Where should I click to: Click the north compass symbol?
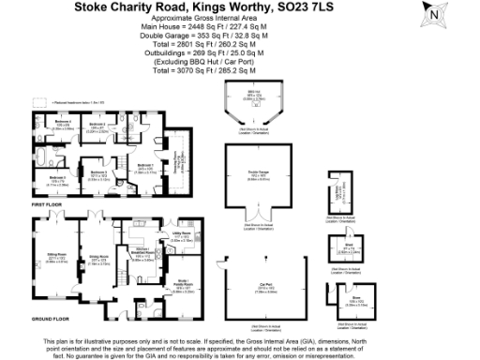click(x=457, y=15)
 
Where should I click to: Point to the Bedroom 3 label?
click(x=97, y=172)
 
